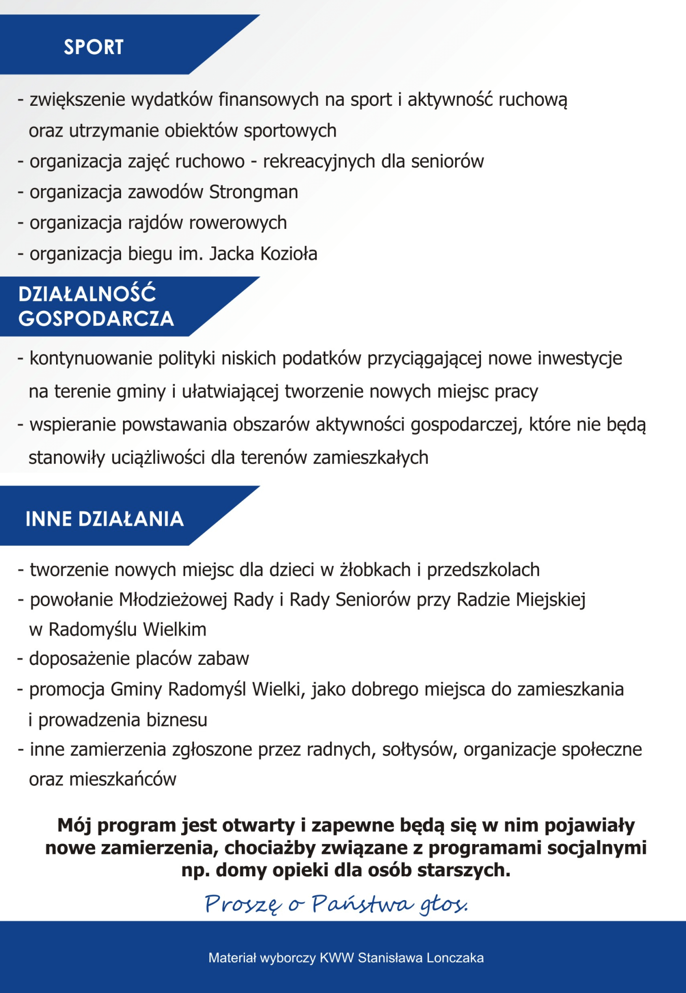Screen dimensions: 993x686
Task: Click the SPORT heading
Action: (x=93, y=47)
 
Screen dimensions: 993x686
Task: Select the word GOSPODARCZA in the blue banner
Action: (x=96, y=319)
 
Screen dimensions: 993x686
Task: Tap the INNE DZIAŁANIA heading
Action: (x=105, y=519)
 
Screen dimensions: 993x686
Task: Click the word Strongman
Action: (x=253, y=192)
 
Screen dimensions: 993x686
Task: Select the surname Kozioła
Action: (x=289, y=254)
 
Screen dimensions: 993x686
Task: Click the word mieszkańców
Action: (x=123, y=780)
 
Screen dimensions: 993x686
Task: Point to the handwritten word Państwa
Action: (x=362, y=904)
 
